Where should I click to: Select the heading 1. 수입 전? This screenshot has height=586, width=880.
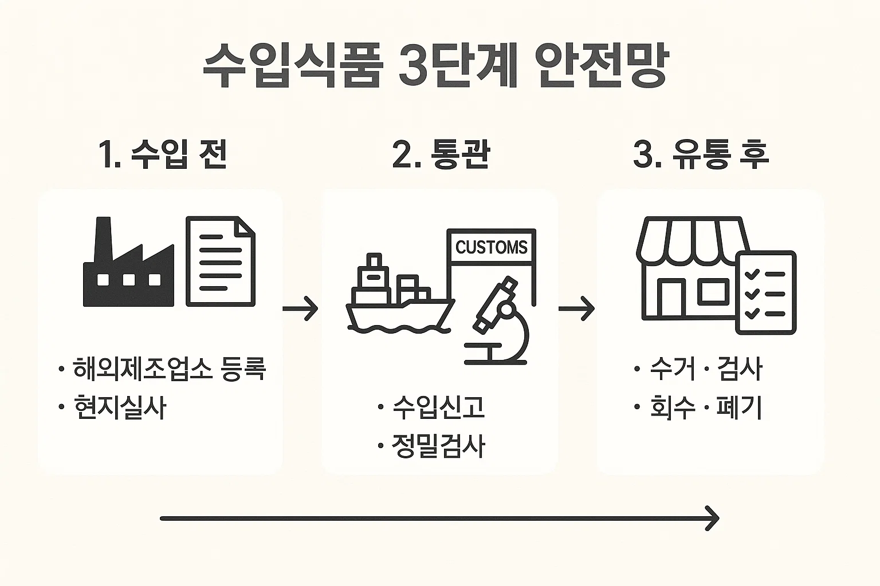coord(163,153)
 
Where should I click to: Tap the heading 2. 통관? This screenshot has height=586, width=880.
coord(441,153)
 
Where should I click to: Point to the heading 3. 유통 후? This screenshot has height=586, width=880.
coord(701,153)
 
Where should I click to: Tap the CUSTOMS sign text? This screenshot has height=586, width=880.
coord(491,247)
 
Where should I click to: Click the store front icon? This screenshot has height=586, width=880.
coord(687,269)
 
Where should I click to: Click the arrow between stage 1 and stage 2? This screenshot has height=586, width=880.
coord(300,309)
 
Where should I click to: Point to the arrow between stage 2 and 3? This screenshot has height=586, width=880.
coord(576,309)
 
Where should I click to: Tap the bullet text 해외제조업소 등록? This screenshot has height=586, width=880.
coord(169,369)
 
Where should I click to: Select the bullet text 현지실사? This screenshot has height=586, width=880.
coord(120,408)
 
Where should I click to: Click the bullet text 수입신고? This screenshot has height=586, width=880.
coord(439,407)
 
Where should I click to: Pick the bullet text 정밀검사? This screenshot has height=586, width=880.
coord(439,446)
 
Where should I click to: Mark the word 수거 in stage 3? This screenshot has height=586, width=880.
coord(672,369)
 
